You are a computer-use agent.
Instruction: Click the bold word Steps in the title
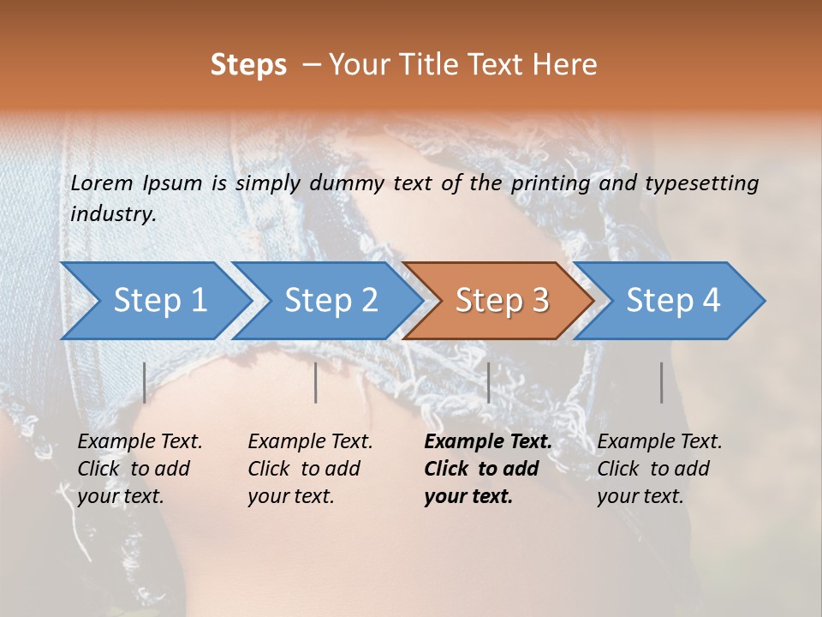tap(248, 65)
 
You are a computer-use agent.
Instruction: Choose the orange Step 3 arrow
tap(502, 301)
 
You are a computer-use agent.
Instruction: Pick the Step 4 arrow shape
tap(673, 301)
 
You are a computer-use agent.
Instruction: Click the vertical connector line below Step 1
tap(145, 382)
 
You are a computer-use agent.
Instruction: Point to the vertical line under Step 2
tap(316, 382)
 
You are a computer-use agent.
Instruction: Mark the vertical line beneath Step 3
tap(488, 382)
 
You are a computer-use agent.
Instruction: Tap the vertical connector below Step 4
tap(662, 382)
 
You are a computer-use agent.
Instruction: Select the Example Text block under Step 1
tap(140, 469)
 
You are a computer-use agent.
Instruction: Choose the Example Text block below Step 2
tap(310, 469)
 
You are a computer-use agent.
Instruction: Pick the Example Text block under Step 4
tap(659, 469)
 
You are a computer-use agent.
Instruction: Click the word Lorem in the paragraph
tap(102, 183)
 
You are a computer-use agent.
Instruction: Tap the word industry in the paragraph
tap(112, 214)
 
